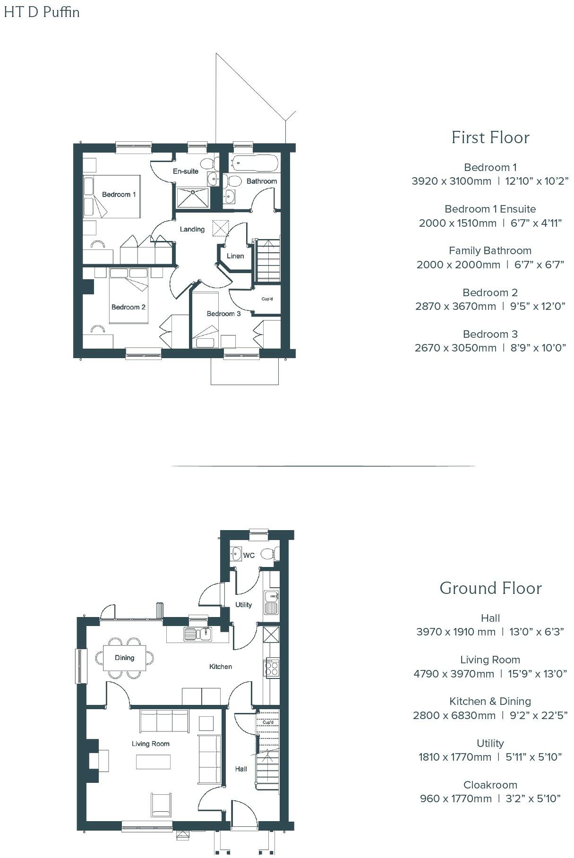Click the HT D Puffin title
point(42,12)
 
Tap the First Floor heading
point(490,137)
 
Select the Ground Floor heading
point(490,588)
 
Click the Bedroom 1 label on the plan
point(119,195)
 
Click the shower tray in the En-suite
point(193,197)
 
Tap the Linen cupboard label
point(235,256)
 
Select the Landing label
point(192,229)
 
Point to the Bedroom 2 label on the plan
point(128,307)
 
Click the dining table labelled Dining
point(125,658)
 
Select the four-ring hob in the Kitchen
point(272,669)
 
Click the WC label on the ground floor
point(248,555)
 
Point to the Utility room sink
point(271,602)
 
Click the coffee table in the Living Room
point(154,762)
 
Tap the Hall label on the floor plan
point(241,769)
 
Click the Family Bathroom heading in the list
point(490,250)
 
